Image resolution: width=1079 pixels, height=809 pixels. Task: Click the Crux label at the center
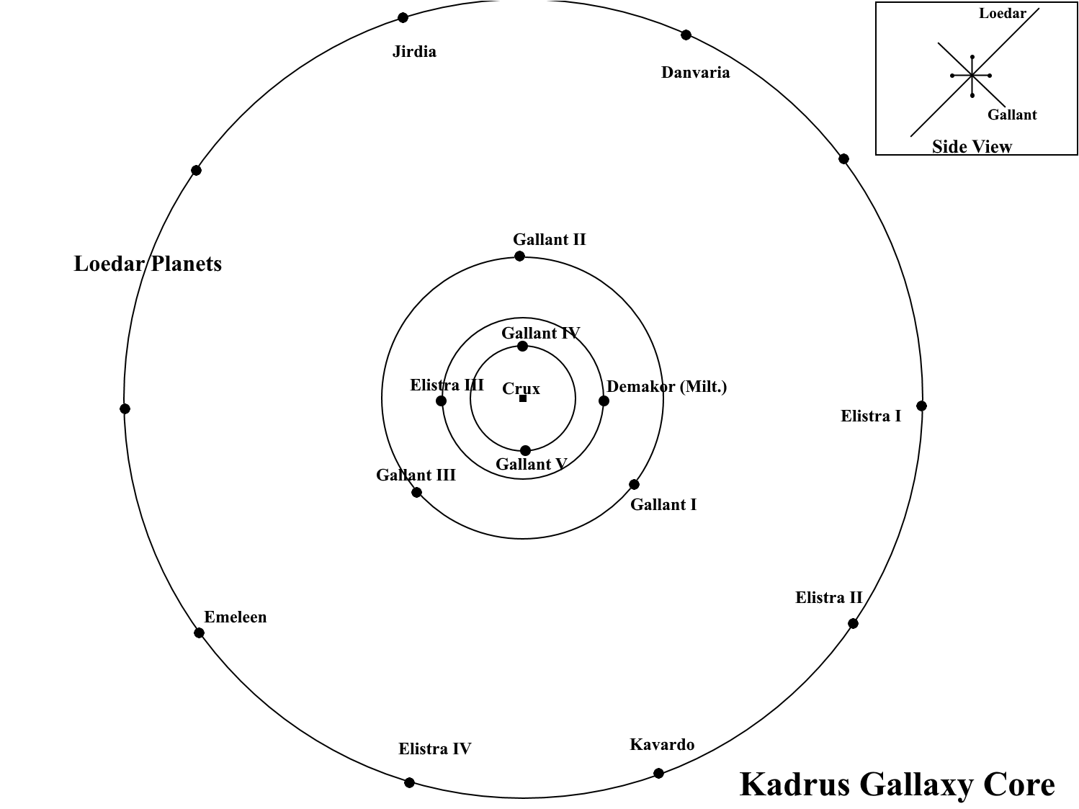(x=521, y=389)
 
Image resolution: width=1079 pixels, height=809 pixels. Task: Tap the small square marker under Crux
(x=523, y=398)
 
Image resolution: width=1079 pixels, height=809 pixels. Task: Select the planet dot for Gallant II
(x=519, y=256)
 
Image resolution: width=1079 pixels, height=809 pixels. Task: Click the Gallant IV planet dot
(x=523, y=347)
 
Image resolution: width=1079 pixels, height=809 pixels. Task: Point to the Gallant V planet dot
(x=525, y=451)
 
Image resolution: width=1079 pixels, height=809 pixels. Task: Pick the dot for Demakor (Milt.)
(x=604, y=401)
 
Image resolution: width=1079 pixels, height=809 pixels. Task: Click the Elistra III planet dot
(x=442, y=401)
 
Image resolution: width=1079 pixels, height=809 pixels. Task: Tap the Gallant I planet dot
(x=634, y=485)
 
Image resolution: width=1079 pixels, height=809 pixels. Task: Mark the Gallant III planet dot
(x=416, y=493)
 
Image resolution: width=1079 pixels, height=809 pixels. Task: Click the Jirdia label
(x=414, y=52)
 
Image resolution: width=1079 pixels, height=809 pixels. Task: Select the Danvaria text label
(x=695, y=73)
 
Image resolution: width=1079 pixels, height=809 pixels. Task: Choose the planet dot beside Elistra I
(x=921, y=406)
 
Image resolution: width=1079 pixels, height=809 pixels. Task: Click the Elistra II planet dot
(x=853, y=624)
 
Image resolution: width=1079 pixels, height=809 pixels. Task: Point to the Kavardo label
(x=662, y=745)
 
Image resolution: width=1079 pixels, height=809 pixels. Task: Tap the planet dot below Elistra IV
(x=409, y=782)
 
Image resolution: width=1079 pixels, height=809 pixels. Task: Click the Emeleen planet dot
(x=199, y=633)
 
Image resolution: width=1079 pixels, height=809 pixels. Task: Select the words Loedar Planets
(x=148, y=264)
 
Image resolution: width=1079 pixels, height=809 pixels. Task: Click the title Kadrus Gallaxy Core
(x=897, y=784)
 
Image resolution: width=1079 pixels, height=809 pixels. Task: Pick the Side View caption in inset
(x=972, y=147)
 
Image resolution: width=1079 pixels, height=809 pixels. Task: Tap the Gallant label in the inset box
(x=1011, y=115)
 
